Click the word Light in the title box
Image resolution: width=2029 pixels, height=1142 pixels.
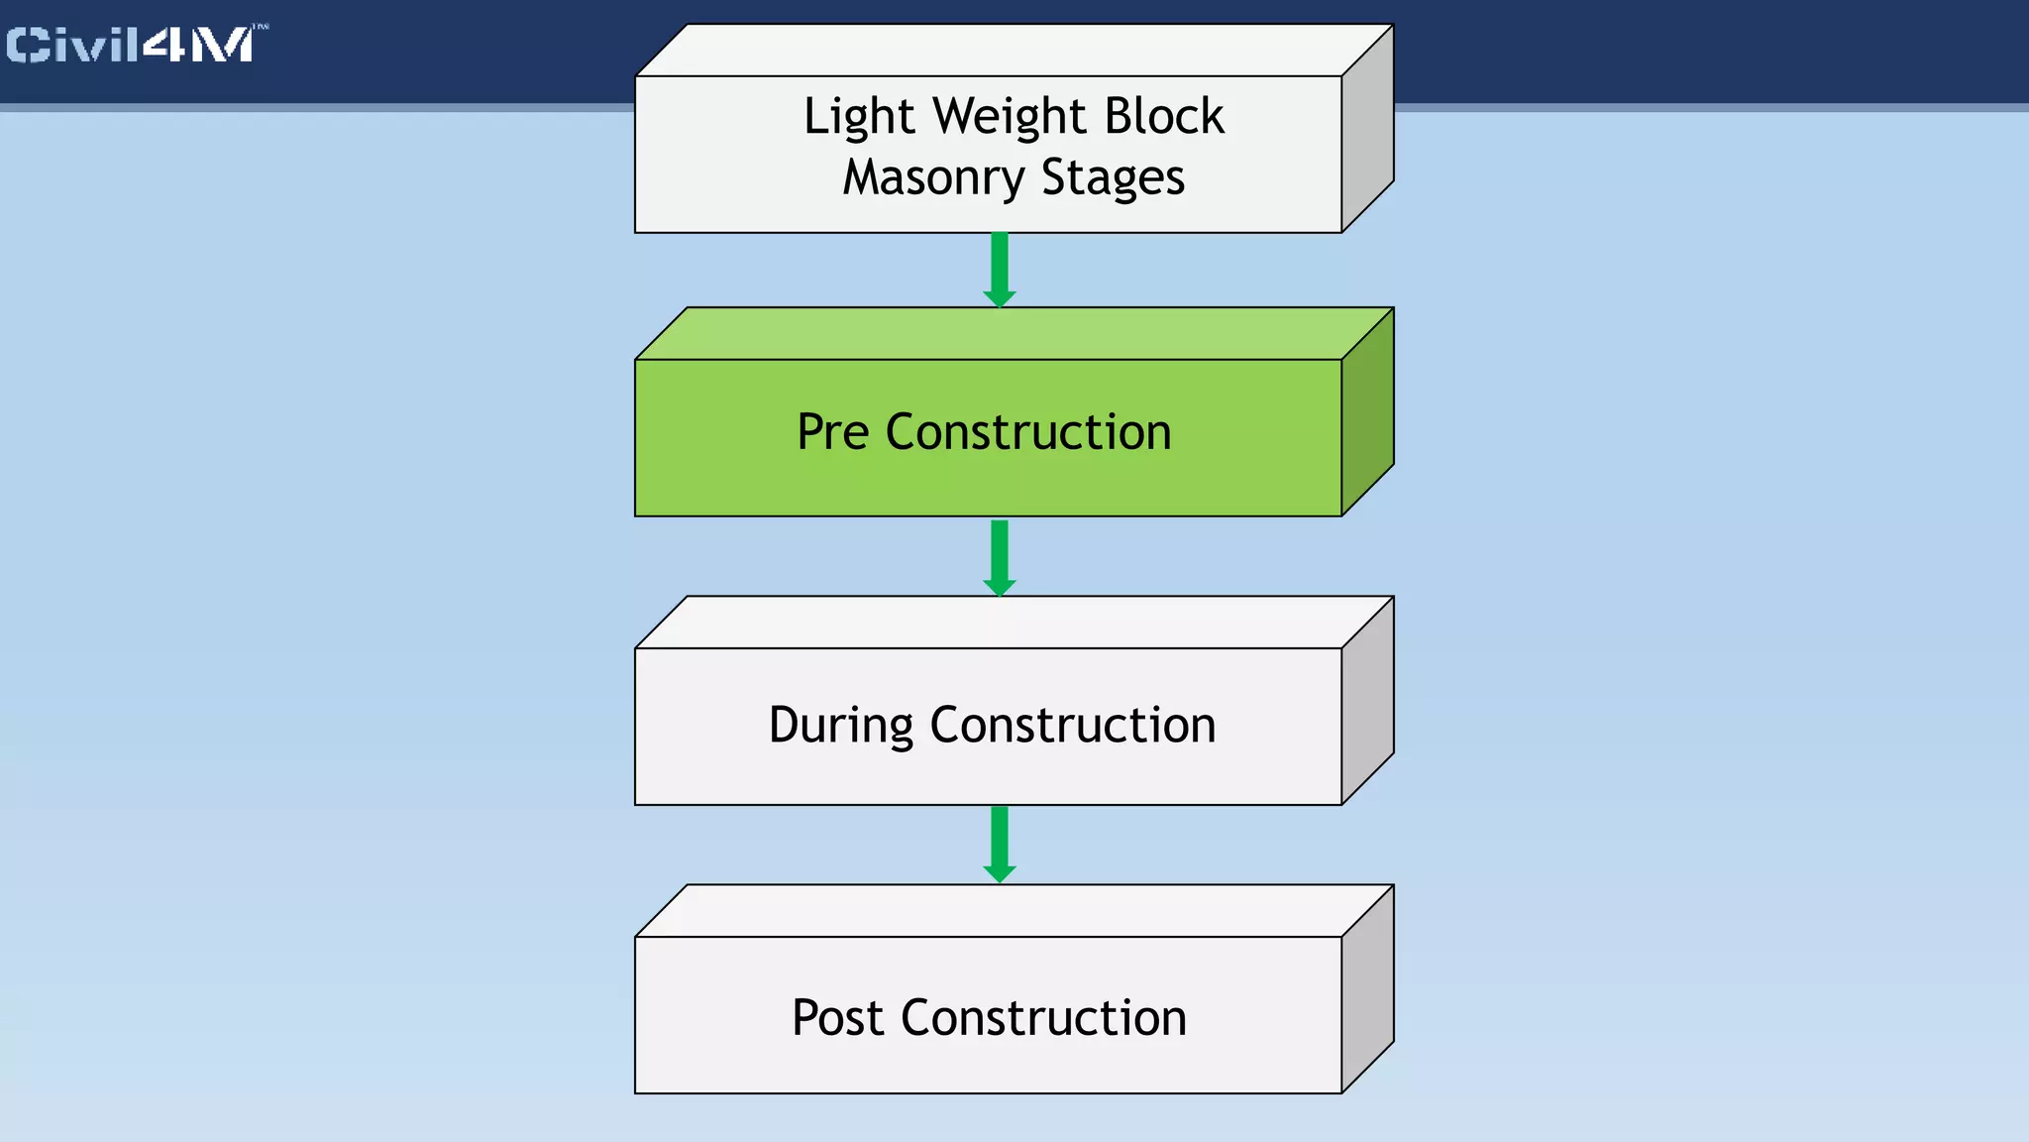click(x=858, y=118)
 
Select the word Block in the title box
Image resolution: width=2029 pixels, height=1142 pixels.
click(x=1164, y=116)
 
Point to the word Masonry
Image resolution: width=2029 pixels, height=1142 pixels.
click(x=932, y=179)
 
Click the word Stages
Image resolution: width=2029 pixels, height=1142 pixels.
click(x=1113, y=179)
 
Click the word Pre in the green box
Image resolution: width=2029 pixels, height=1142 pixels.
click(x=832, y=432)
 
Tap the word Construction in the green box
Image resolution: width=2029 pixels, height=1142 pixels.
click(x=1028, y=432)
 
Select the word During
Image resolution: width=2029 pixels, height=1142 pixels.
click(x=840, y=726)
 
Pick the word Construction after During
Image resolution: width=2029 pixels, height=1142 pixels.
click(x=1073, y=725)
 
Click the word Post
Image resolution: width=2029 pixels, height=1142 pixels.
click(x=837, y=1018)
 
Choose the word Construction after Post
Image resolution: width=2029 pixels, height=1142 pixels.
click(x=1043, y=1018)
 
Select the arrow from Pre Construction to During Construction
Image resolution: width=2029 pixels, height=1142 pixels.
click(x=1000, y=557)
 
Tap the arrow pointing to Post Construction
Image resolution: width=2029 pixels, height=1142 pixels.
click(x=1000, y=844)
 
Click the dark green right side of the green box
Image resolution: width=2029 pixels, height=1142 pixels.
click(x=1367, y=411)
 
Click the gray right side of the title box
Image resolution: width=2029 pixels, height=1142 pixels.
click(x=1367, y=129)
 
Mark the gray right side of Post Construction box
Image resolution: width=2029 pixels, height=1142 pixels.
click(x=1367, y=989)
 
